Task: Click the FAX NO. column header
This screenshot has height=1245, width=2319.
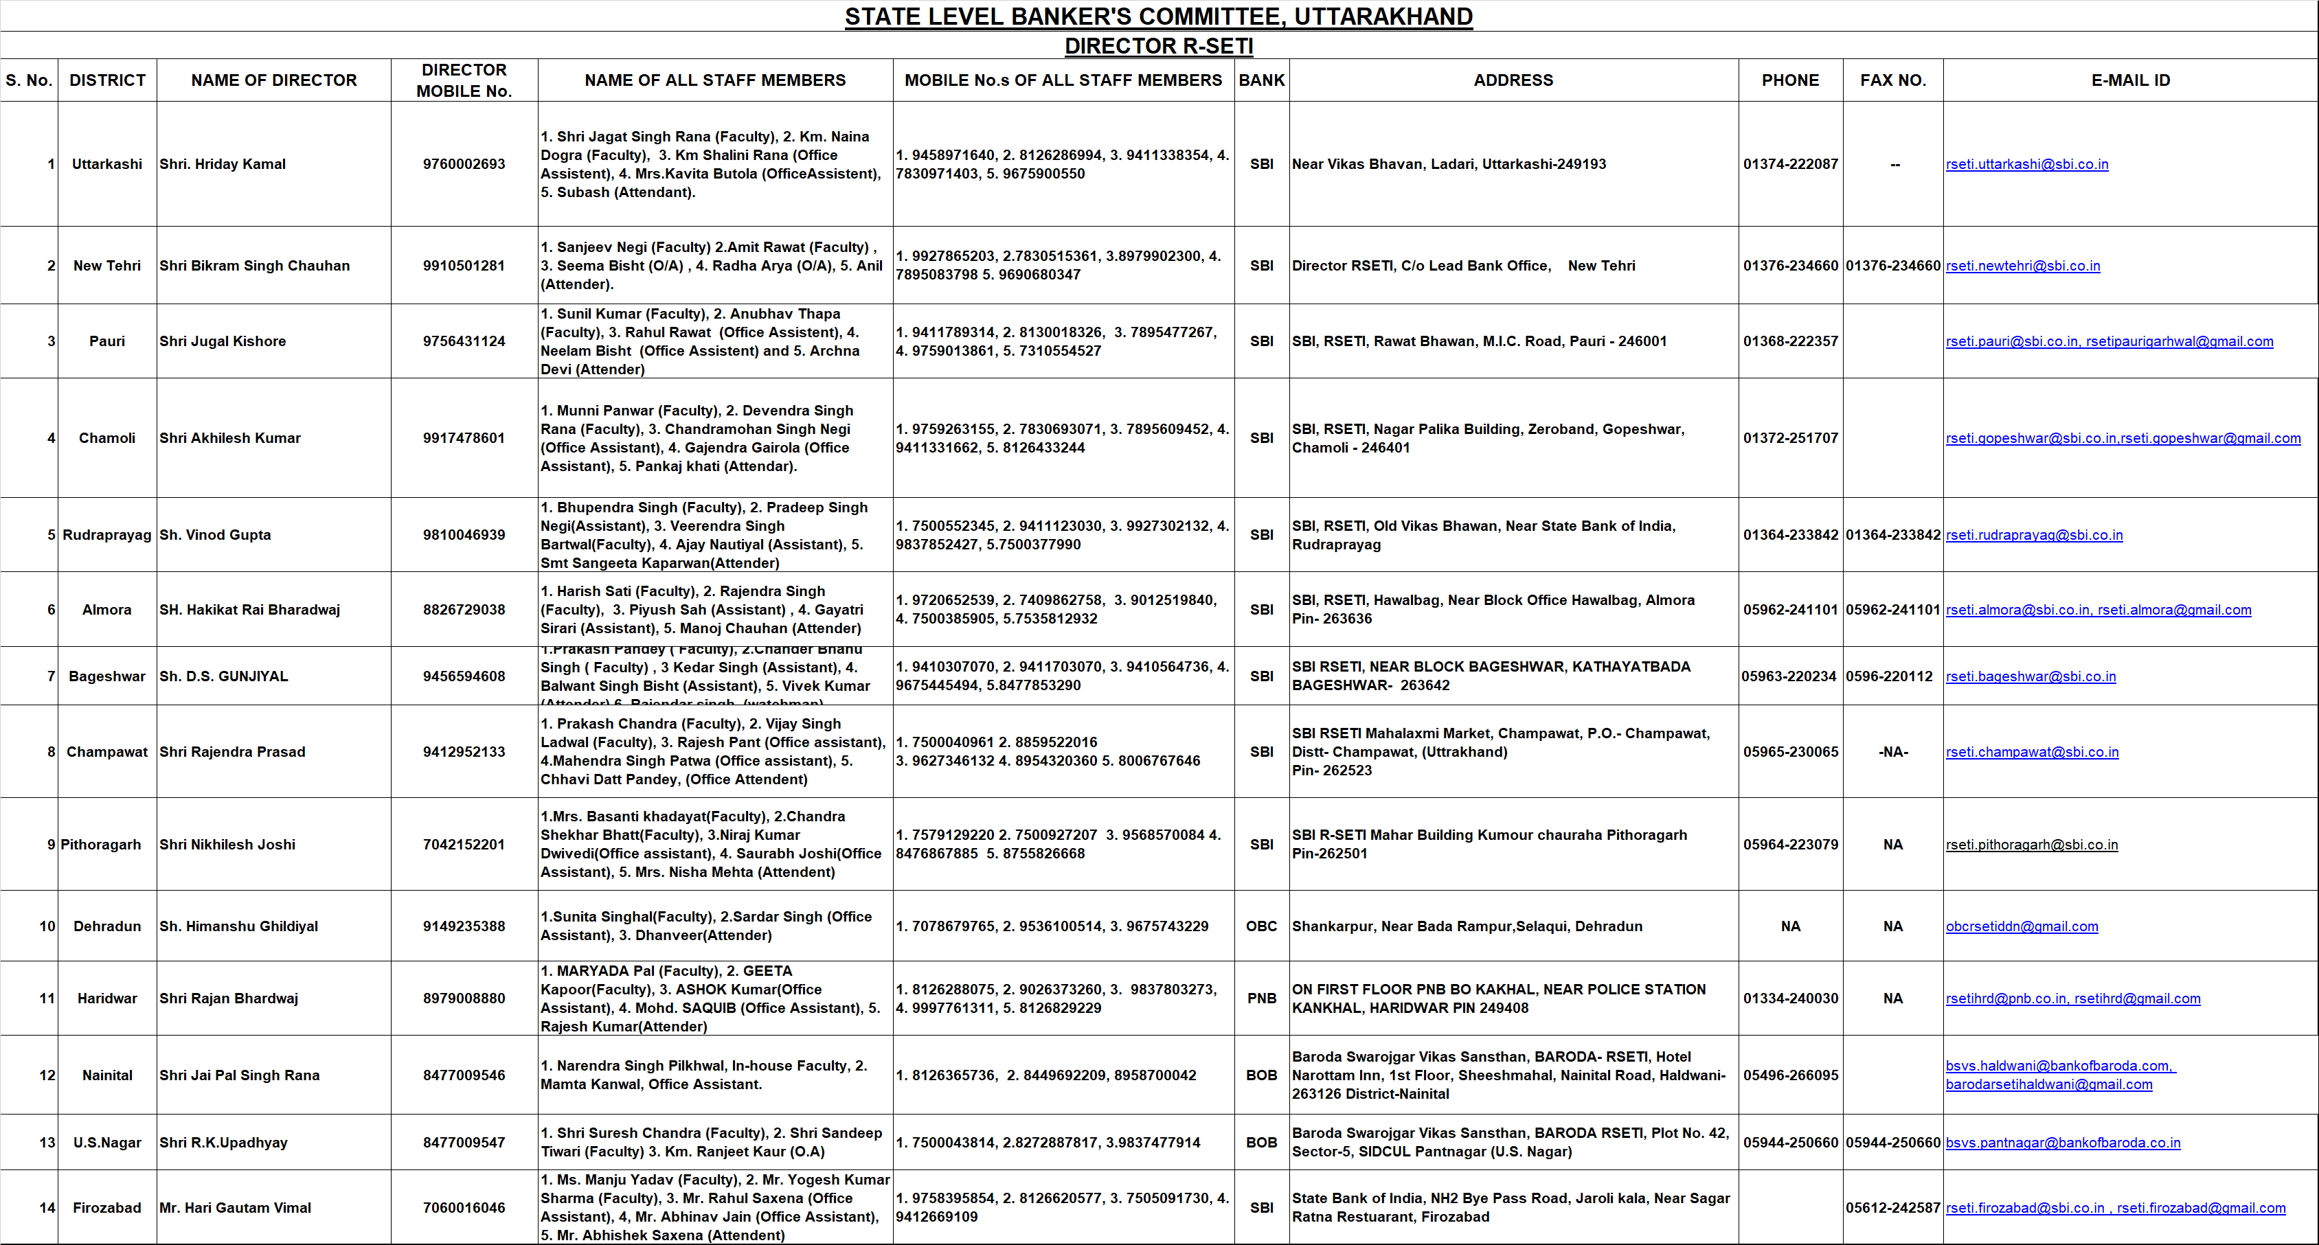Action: (x=1892, y=80)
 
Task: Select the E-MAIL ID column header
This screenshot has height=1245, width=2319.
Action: (x=2130, y=80)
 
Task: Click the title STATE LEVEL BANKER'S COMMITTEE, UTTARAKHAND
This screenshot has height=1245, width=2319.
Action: (x=1159, y=16)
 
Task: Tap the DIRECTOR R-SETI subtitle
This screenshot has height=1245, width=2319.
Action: (x=1159, y=46)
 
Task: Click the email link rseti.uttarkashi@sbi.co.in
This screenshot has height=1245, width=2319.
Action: (x=2026, y=164)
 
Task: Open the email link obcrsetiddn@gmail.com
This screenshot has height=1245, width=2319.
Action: (x=2021, y=926)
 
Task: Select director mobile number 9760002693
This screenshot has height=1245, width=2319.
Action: (x=464, y=164)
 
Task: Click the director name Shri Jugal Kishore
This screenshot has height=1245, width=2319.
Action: (x=223, y=341)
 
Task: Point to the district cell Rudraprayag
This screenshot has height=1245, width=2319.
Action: (x=107, y=535)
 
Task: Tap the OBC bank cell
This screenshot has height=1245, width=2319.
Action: (x=1261, y=926)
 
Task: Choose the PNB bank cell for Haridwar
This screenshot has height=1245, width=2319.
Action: (x=1261, y=998)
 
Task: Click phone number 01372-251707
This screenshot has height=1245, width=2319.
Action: (x=1789, y=437)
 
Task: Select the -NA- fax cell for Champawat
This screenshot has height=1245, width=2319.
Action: (x=1892, y=752)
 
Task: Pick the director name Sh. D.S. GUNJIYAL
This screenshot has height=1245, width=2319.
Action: (x=223, y=676)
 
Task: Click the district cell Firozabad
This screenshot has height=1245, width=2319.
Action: (x=107, y=1207)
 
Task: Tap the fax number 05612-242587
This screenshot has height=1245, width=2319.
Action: (x=1892, y=1207)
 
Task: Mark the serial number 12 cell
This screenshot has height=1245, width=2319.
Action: (x=47, y=1075)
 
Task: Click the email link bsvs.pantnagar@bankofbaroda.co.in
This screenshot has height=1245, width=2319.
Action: (x=2062, y=1143)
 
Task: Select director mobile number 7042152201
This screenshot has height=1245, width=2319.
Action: (x=464, y=845)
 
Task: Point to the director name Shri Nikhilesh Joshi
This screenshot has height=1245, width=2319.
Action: (x=227, y=845)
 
